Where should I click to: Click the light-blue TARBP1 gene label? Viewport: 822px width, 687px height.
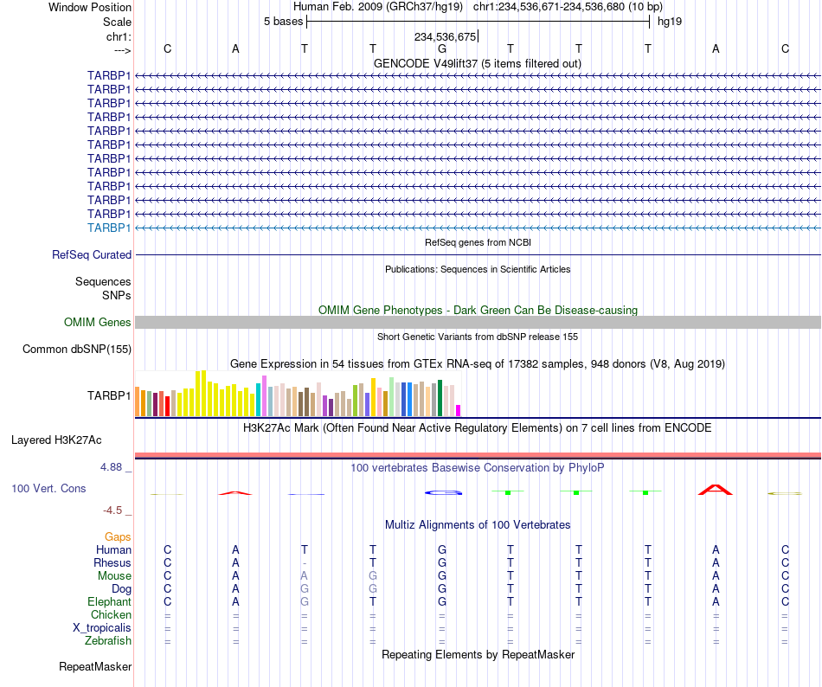pos(109,228)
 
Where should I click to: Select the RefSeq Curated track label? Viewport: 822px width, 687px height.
pos(92,254)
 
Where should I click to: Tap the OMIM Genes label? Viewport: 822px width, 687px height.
pos(98,322)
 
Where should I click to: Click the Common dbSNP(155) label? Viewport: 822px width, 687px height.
pos(77,349)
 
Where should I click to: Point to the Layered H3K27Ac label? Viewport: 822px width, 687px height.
pos(56,440)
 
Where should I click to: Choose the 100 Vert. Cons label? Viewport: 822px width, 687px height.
pos(48,488)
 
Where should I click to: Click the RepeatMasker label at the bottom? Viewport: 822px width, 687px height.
pos(95,666)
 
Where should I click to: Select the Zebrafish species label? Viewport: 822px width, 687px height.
pos(108,640)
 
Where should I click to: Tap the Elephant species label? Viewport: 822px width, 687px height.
pos(110,601)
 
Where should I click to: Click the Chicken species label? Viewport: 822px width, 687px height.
pos(111,614)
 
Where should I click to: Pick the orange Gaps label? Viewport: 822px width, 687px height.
pos(118,536)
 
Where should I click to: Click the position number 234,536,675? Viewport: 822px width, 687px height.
pos(445,36)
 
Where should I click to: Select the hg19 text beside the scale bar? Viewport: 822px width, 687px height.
pos(670,22)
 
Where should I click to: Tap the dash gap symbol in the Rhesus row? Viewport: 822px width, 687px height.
pos(305,563)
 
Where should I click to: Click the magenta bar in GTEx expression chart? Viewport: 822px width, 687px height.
pos(459,410)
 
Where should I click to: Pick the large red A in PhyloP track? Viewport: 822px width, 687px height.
pos(716,490)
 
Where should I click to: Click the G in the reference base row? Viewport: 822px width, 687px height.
pos(442,48)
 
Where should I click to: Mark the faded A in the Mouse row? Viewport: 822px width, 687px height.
pos(304,576)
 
